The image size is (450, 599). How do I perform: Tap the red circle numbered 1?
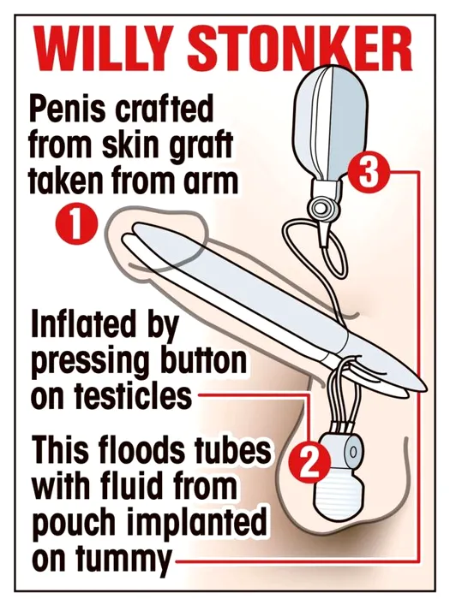76,225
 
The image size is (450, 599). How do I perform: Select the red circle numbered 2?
309,462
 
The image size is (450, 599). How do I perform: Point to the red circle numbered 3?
367,174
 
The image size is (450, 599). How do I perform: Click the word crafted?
165,109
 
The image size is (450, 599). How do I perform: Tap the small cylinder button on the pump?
352,453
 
